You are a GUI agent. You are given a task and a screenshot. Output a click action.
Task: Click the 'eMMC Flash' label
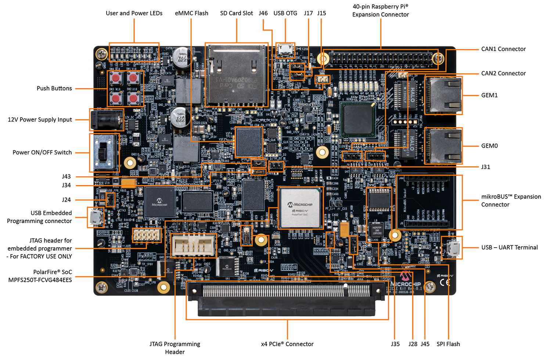(x=191, y=13)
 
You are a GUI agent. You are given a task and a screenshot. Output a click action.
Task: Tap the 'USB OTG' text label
(x=285, y=13)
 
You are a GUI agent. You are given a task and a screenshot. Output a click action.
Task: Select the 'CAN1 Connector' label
(x=503, y=49)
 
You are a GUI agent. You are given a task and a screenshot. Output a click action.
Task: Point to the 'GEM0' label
(x=489, y=146)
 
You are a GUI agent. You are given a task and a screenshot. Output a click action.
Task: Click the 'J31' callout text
(x=485, y=167)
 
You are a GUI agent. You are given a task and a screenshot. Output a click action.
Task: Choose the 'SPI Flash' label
(x=448, y=344)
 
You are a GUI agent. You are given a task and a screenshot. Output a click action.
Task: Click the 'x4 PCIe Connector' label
(x=287, y=344)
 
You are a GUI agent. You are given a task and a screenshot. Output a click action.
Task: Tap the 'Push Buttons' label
(x=54, y=88)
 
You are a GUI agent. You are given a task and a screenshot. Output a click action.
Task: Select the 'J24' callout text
(x=66, y=200)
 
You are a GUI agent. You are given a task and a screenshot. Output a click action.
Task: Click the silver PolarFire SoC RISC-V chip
(x=300, y=208)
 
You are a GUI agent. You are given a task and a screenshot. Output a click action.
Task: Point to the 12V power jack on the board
(x=106, y=120)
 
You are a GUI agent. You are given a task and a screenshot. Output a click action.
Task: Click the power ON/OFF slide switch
(x=104, y=152)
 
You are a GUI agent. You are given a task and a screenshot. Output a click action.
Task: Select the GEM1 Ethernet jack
(x=443, y=95)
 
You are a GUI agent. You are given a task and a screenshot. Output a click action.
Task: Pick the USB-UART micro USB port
(x=452, y=248)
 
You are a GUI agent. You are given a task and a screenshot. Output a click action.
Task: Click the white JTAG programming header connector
(x=192, y=245)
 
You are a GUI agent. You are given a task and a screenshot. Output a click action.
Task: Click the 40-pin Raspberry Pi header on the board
(x=381, y=58)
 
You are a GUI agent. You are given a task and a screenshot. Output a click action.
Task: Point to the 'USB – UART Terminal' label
(x=509, y=247)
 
